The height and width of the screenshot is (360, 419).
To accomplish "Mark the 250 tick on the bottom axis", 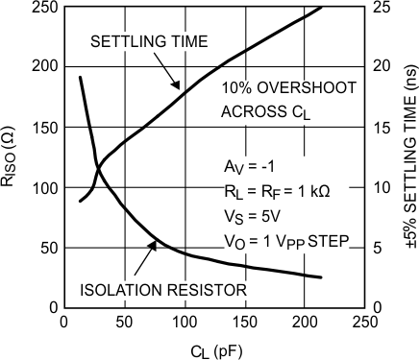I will (x=363, y=322).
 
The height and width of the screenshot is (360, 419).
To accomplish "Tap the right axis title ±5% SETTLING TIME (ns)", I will (x=407, y=156).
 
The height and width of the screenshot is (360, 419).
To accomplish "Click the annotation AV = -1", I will (x=248, y=164).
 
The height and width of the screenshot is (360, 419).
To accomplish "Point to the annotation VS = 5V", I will (x=247, y=216).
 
